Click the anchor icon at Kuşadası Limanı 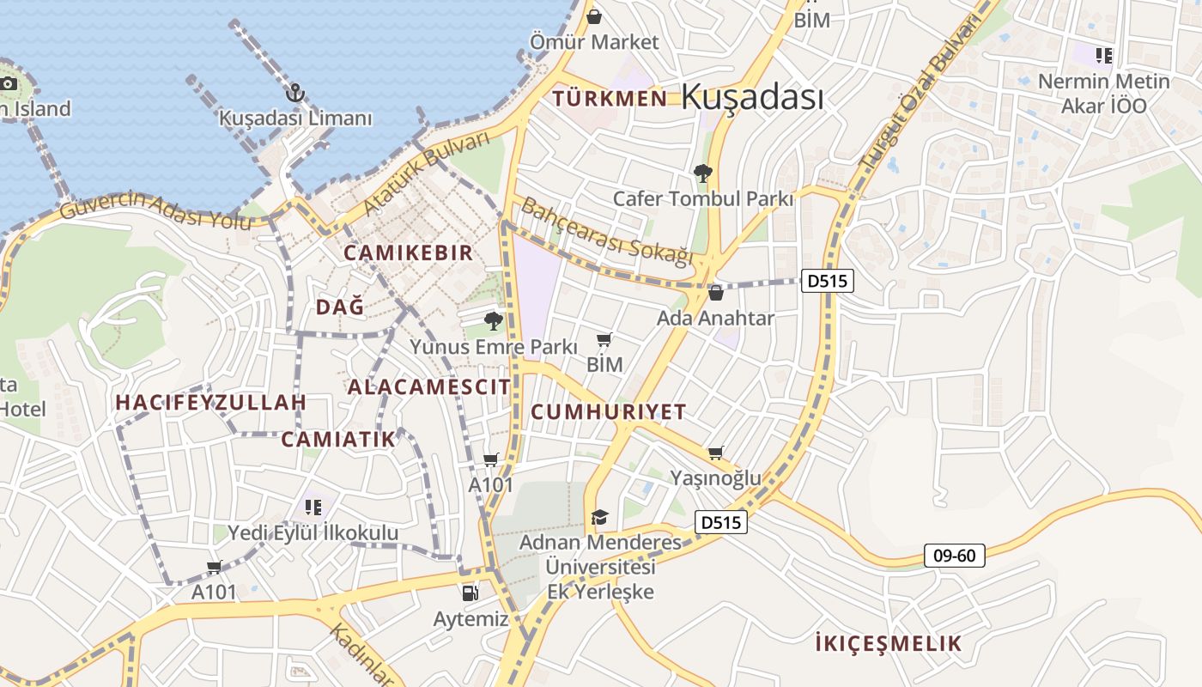(295, 93)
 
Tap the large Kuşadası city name (752, 97)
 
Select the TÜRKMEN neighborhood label (610, 98)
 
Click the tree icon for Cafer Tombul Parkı (702, 173)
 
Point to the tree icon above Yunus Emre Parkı (493, 321)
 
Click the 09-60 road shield (954, 556)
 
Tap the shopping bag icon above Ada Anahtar (715, 294)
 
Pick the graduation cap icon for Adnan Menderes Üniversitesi (599, 517)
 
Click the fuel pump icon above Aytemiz (470, 593)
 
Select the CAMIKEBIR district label (409, 252)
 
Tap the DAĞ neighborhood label (340, 307)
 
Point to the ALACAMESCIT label (428, 386)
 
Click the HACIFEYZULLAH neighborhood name (211, 402)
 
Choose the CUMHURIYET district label (609, 411)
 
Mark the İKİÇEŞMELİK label (888, 643)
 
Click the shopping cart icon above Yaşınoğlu (715, 453)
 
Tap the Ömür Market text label (594, 42)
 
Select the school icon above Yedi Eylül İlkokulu (313, 507)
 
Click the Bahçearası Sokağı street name (607, 231)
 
